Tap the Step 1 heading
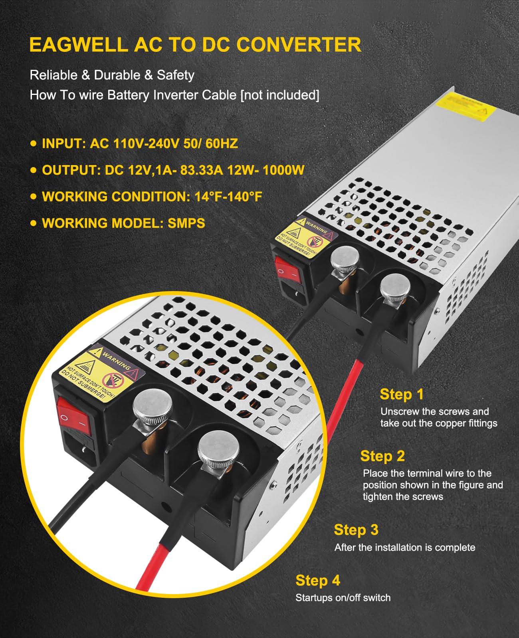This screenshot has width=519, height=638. [402, 394]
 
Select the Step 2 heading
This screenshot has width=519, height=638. [382, 456]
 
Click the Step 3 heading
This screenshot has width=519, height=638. [356, 530]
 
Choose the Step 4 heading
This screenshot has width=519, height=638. [318, 581]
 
